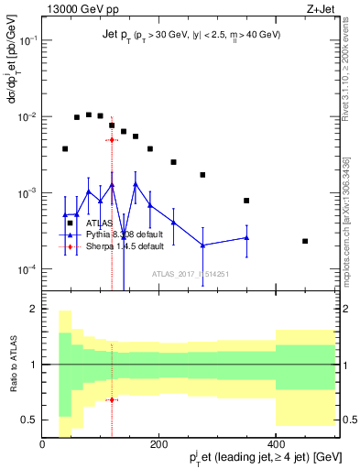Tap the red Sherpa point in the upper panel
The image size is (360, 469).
[112, 140]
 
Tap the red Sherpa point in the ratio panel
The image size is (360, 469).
[112, 399]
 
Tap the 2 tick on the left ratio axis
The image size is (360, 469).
[33, 310]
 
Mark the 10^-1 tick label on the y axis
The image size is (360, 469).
[26, 41]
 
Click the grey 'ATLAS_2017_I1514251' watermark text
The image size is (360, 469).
[191, 274]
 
